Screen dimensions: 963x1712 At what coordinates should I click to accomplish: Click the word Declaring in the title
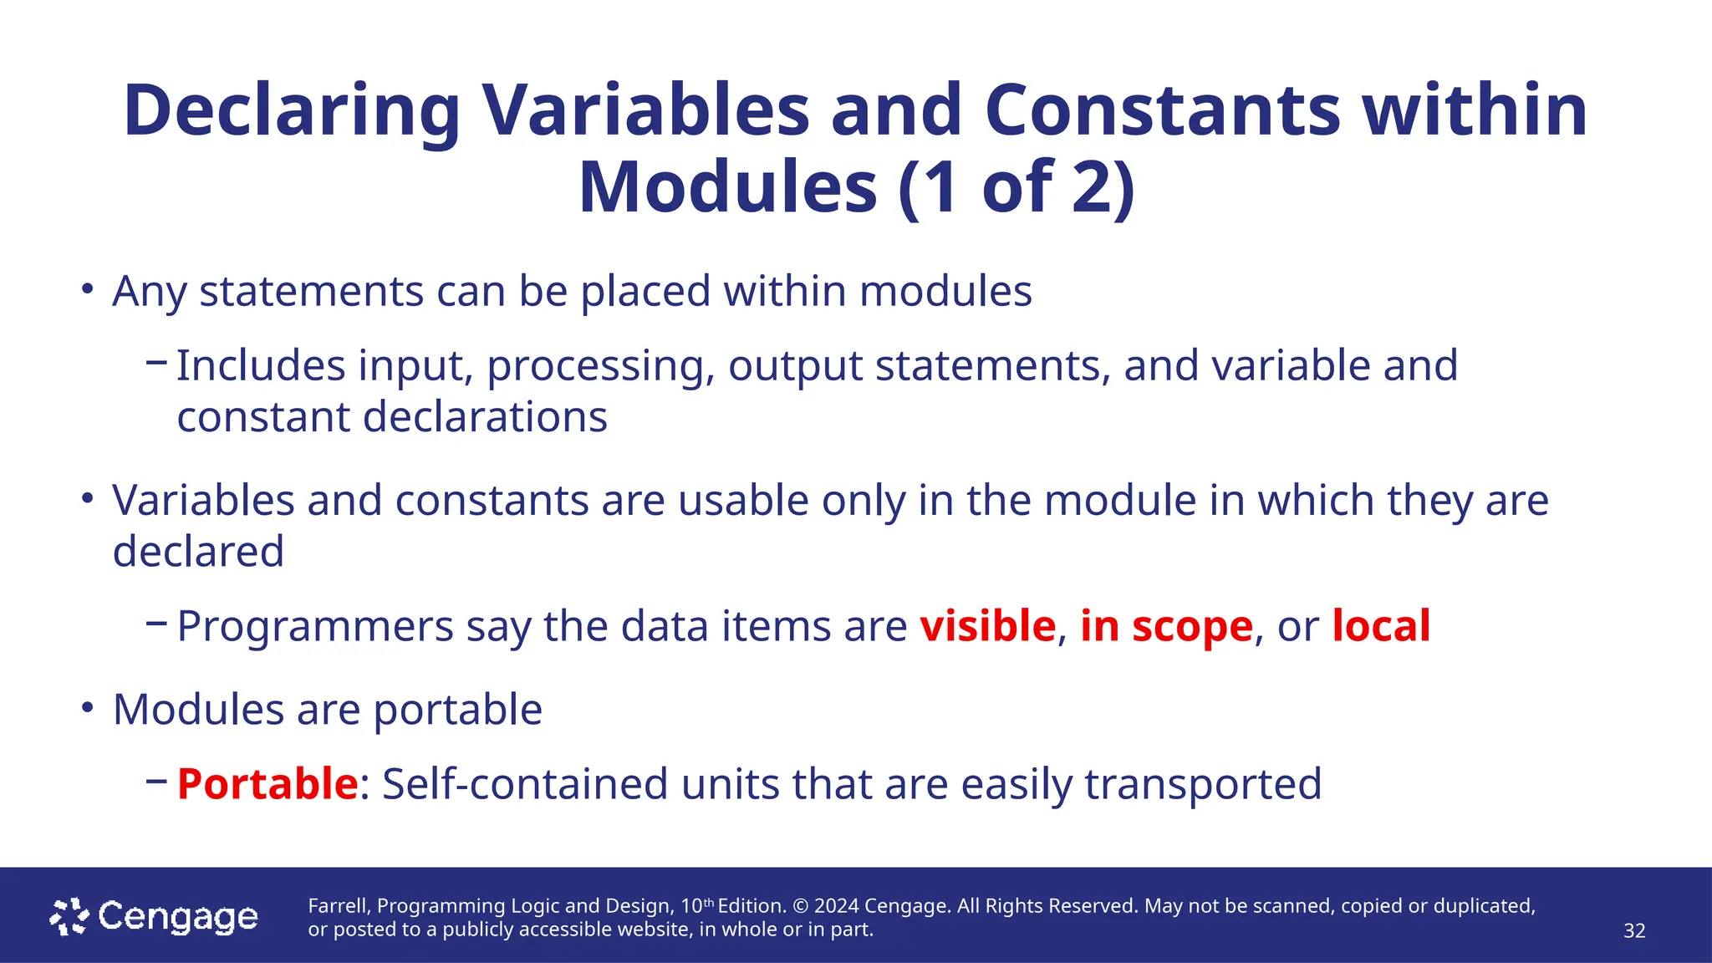pyautogui.click(x=292, y=111)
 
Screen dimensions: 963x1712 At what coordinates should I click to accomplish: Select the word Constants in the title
pyautogui.click(x=1162, y=111)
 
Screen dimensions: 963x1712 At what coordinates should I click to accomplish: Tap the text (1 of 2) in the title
pyautogui.click(x=1016, y=188)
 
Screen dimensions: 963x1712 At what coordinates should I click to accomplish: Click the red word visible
pyautogui.click(x=987, y=626)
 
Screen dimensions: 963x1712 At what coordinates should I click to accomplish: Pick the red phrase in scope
pyautogui.click(x=1166, y=626)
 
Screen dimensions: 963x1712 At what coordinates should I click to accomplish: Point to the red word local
pyautogui.click(x=1380, y=626)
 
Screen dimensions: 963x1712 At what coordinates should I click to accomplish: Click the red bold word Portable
pyautogui.click(x=267, y=784)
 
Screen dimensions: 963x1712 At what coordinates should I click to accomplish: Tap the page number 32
pyautogui.click(x=1633, y=931)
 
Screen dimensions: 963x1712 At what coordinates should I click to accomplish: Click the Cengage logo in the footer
pyautogui.click(x=154, y=917)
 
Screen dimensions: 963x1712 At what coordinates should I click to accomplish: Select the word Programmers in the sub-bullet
pyautogui.click(x=315, y=626)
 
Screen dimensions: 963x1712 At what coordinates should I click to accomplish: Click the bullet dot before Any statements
pyautogui.click(x=87, y=290)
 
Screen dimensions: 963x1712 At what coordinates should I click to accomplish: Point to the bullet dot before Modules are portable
pyautogui.click(x=87, y=708)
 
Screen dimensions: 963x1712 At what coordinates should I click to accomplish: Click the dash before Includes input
pyautogui.click(x=156, y=363)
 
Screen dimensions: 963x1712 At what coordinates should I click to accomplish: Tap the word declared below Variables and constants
pyautogui.click(x=198, y=552)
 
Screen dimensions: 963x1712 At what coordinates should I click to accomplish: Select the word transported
pyautogui.click(x=1203, y=784)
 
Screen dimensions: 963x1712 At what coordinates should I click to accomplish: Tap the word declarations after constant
pyautogui.click(x=485, y=417)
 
